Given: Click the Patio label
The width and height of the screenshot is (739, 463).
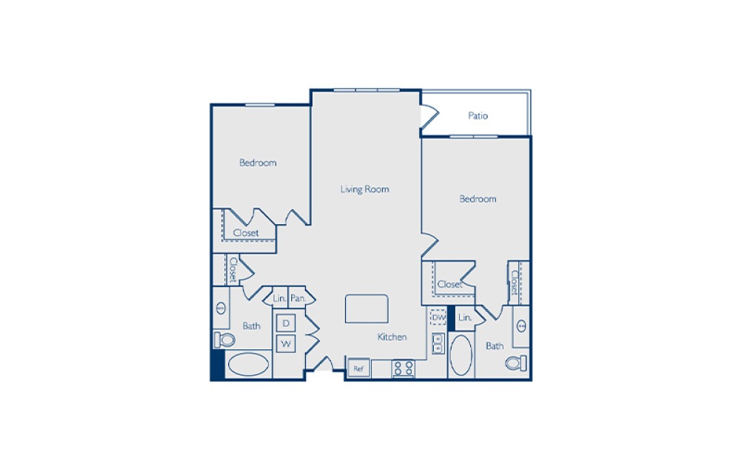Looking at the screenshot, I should point(478,116).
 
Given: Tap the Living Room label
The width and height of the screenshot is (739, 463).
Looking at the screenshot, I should point(364,189).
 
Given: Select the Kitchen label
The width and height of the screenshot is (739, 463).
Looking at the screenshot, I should point(392,337).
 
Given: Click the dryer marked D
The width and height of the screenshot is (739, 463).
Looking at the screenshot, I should point(286,323).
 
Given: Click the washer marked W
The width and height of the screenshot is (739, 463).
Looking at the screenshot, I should point(286,344).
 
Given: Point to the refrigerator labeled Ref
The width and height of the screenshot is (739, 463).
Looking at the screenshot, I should point(359,368).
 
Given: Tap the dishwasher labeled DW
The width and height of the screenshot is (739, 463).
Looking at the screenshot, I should point(438,317).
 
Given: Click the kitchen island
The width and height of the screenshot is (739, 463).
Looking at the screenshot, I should point(367,308).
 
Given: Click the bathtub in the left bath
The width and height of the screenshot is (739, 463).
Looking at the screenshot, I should point(249,365).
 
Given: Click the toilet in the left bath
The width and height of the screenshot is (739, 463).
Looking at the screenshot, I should point(224,339).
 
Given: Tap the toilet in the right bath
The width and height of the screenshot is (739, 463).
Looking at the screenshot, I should point(515,363).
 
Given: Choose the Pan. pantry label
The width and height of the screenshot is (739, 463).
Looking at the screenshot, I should point(299,299).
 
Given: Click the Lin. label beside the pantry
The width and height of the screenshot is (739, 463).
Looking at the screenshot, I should point(279,299).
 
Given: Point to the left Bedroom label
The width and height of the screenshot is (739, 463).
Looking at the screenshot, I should point(258,163).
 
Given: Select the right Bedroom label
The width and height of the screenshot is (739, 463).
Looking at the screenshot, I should point(478,199).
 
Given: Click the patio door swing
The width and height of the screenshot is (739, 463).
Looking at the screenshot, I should point(429,117).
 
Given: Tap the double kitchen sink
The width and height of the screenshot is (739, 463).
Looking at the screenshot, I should point(437,343).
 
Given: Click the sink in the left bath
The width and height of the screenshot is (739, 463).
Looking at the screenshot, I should point(220,309).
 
